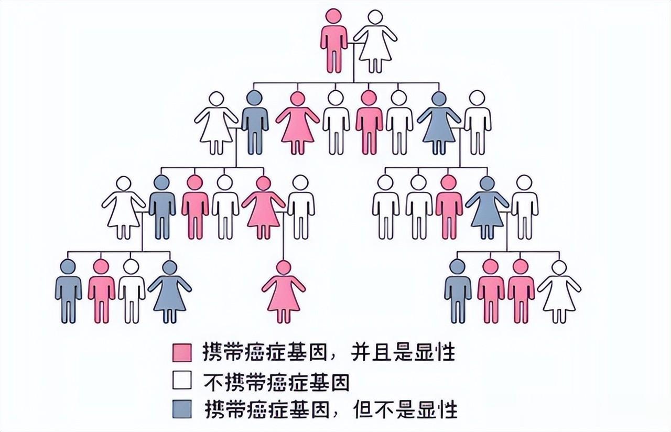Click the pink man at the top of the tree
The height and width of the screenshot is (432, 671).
(x=334, y=42)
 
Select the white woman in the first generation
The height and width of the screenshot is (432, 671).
(x=375, y=42)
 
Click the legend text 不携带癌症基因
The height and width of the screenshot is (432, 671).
(x=276, y=381)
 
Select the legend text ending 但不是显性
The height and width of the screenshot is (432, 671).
(x=331, y=409)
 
